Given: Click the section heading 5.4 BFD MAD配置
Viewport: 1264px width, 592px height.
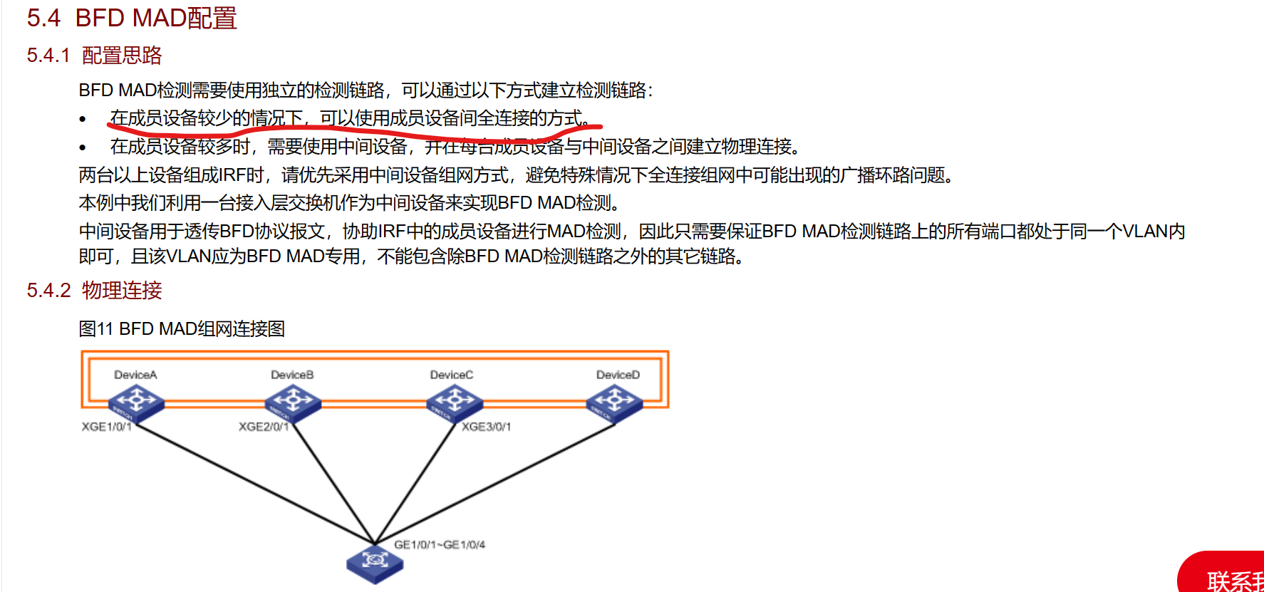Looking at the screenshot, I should (x=132, y=18).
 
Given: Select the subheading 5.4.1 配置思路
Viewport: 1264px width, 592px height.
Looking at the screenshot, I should (x=94, y=56).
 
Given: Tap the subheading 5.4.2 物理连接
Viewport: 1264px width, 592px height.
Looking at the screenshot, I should (x=94, y=291).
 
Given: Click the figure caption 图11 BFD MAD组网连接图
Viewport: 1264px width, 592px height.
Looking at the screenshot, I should (x=182, y=328).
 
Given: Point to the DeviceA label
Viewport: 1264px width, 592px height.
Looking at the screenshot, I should (x=135, y=375).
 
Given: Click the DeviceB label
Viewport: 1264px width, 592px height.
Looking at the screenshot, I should (x=292, y=375).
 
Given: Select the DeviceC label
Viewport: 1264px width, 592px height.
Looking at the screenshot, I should (x=451, y=375).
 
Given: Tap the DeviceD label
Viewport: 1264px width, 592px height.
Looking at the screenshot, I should (x=618, y=375).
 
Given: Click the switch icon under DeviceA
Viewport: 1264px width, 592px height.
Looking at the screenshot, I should (x=136, y=403).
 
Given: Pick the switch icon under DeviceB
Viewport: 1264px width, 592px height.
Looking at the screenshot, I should (x=293, y=403).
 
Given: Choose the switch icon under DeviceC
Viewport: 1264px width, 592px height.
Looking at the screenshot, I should (x=455, y=403).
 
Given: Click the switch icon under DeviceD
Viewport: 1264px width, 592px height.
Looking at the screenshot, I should (x=614, y=403).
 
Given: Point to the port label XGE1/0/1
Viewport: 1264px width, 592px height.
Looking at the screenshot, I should (x=106, y=427).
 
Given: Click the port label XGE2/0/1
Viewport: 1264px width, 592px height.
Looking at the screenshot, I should (x=264, y=427).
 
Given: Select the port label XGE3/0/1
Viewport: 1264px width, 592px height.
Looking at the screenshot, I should (x=486, y=427).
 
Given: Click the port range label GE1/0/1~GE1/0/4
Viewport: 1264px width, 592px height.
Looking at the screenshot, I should (x=440, y=545).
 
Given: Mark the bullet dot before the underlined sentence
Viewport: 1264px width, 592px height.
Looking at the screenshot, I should (x=83, y=120).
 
